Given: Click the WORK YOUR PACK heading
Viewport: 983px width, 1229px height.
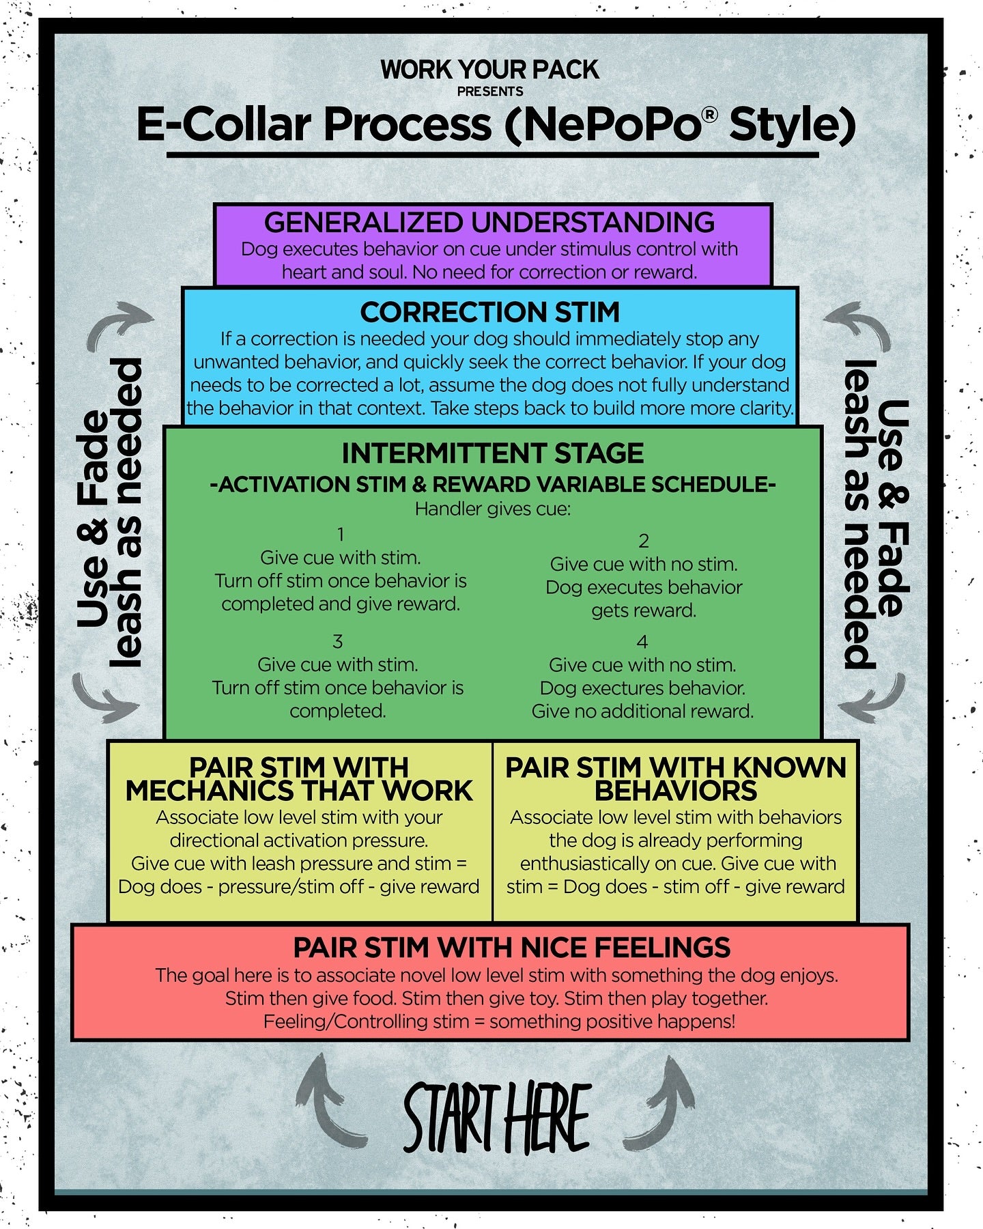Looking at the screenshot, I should click(489, 70).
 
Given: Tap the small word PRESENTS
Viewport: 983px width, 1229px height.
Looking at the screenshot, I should click(490, 91).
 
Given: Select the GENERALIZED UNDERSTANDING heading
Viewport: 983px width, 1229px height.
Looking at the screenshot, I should click(489, 223).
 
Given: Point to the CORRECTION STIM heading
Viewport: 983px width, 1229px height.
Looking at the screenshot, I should click(490, 312).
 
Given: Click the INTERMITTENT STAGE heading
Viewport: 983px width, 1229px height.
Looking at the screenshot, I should click(492, 453).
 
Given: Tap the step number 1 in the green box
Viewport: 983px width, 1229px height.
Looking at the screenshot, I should click(341, 534).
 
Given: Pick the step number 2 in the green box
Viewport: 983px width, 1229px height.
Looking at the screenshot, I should click(643, 541).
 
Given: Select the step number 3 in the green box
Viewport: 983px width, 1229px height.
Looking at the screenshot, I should click(337, 642).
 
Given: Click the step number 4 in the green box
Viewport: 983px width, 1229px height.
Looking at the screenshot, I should click(642, 642).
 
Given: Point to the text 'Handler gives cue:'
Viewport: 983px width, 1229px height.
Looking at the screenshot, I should click(492, 509).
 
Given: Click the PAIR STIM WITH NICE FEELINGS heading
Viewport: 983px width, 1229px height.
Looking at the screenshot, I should click(511, 948).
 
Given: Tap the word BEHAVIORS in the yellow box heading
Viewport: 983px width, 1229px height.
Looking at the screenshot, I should click(675, 791).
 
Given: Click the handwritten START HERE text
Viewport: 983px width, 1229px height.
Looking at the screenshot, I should click(496, 1118).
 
